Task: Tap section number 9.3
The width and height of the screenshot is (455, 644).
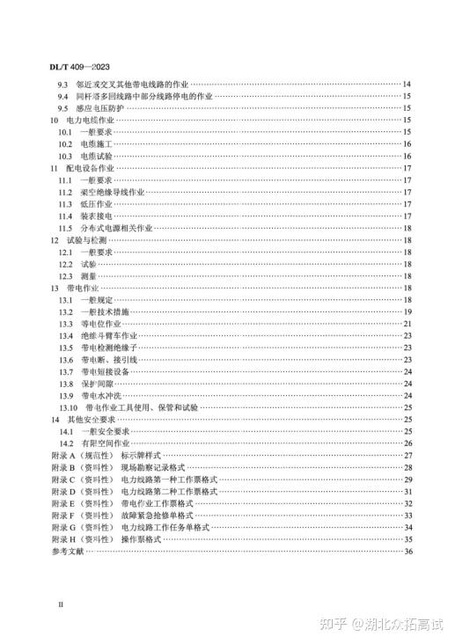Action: click(63, 84)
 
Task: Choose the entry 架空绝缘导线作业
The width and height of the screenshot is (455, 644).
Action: click(112, 191)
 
